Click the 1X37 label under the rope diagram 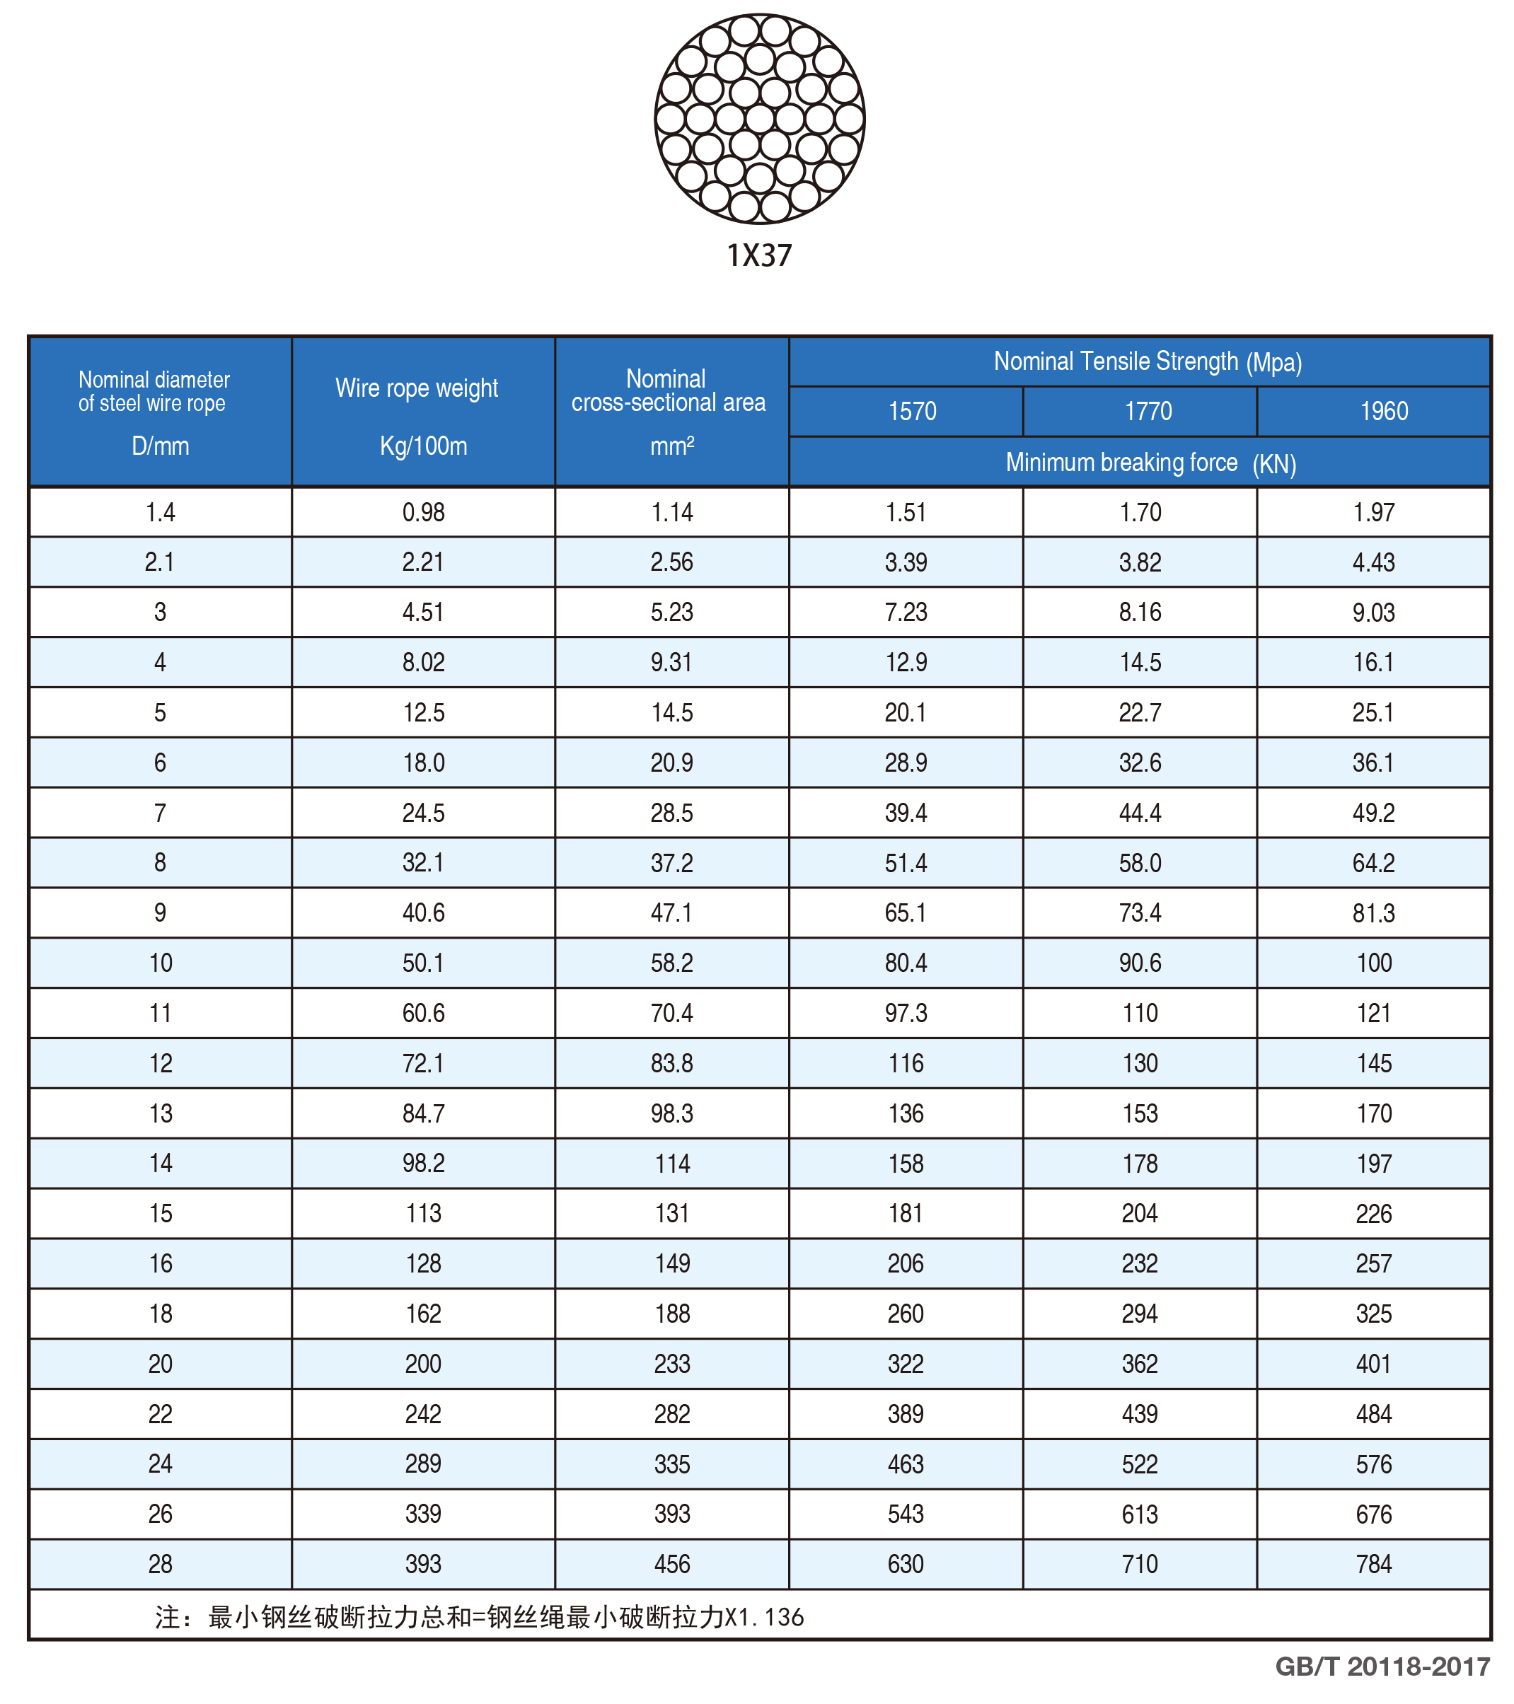point(758,255)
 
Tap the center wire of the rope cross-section point(760,118)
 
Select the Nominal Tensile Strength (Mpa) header point(1147,362)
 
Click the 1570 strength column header point(912,411)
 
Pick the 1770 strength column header point(1148,411)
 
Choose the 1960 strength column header point(1384,411)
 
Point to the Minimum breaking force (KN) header point(1150,463)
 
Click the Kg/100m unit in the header point(424,446)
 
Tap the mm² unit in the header point(672,446)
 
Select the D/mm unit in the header point(160,446)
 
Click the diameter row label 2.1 point(160,562)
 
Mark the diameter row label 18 point(160,1314)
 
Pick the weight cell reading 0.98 point(424,512)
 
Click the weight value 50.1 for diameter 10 point(424,963)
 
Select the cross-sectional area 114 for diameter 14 point(672,1164)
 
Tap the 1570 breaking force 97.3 point(906,1013)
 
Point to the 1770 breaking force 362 point(1140,1364)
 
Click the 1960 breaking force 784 point(1373,1564)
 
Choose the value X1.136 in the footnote point(763,1617)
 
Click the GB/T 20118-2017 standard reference point(1382,1667)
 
